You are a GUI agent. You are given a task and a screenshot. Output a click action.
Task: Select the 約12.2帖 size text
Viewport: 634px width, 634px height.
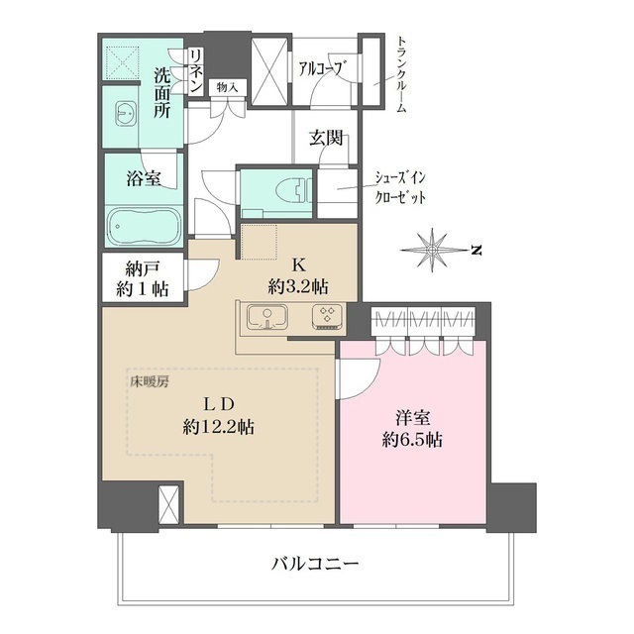click(218, 428)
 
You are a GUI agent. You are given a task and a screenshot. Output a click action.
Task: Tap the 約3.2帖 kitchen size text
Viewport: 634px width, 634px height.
click(297, 286)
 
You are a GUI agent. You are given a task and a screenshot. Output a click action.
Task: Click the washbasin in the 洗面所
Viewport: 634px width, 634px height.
click(127, 112)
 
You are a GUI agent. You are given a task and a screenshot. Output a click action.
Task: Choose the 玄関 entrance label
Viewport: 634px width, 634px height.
click(325, 139)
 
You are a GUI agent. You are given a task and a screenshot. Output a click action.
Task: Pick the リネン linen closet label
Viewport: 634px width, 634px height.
click(196, 70)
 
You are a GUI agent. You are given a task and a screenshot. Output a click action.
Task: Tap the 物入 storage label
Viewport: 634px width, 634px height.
click(227, 87)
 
